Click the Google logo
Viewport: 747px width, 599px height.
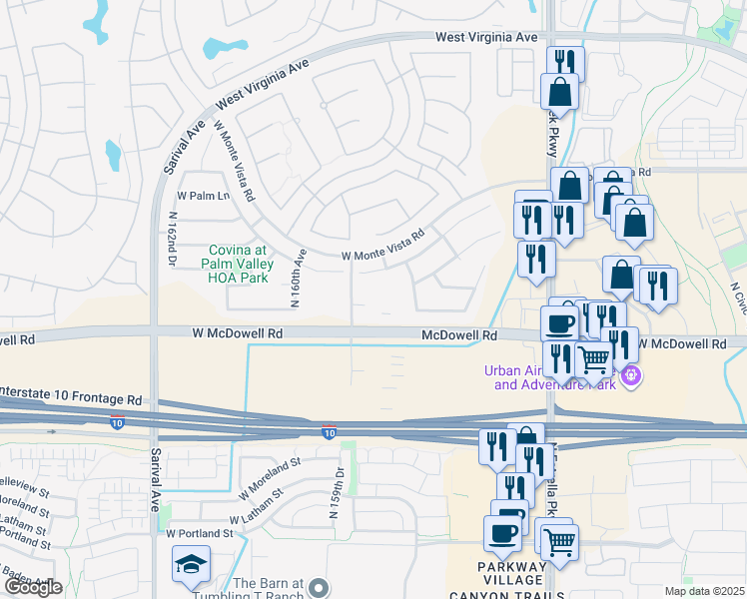(33, 587)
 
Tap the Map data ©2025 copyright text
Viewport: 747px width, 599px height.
(705, 591)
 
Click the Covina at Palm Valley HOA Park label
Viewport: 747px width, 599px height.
(239, 265)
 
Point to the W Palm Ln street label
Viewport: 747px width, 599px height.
(203, 195)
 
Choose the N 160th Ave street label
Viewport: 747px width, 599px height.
(298, 265)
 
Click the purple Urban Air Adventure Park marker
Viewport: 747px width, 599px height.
(630, 376)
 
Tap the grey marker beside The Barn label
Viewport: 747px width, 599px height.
(318, 587)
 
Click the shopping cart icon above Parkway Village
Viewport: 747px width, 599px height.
(559, 540)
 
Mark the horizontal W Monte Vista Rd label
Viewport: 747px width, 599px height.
(383, 244)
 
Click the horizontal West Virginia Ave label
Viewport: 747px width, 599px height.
(486, 37)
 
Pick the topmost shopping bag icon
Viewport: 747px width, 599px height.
(560, 92)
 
